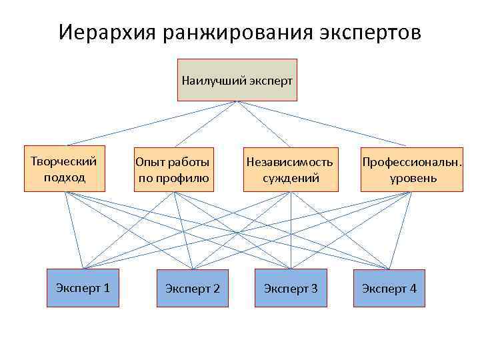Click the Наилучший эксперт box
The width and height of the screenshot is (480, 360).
coord(237,80)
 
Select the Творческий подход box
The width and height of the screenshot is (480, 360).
coord(65,169)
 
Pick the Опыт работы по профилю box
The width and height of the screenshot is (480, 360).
coord(173,169)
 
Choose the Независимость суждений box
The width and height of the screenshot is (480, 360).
coord(289,169)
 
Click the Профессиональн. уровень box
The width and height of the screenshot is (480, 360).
coord(411,169)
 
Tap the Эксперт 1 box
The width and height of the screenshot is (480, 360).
coord(83,288)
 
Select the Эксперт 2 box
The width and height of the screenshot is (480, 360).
coord(192,288)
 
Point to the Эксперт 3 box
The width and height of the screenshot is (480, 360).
coord(291,288)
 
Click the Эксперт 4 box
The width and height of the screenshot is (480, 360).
coord(389,288)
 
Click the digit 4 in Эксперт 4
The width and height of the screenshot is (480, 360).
coord(413,289)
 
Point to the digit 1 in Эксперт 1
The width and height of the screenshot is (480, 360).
coord(107,288)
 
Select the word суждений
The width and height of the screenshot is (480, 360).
coord(290,178)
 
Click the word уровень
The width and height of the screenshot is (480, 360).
coord(413,178)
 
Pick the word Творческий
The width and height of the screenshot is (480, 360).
coord(64,161)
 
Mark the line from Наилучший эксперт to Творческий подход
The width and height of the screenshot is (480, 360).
coord(150,123)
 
